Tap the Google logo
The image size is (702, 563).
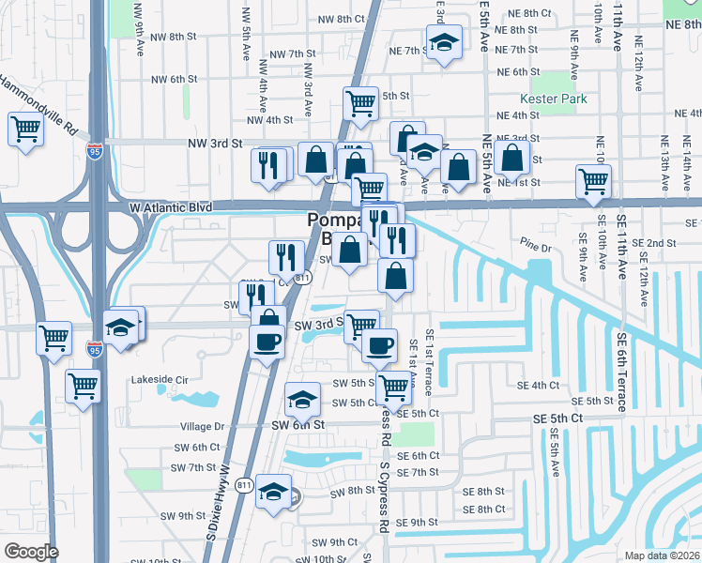[31, 552]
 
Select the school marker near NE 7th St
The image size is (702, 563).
[444, 43]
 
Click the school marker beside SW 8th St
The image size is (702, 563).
[273, 491]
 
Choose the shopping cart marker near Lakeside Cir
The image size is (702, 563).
[84, 385]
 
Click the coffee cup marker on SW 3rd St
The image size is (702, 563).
[267, 339]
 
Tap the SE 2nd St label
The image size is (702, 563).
[661, 243]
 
